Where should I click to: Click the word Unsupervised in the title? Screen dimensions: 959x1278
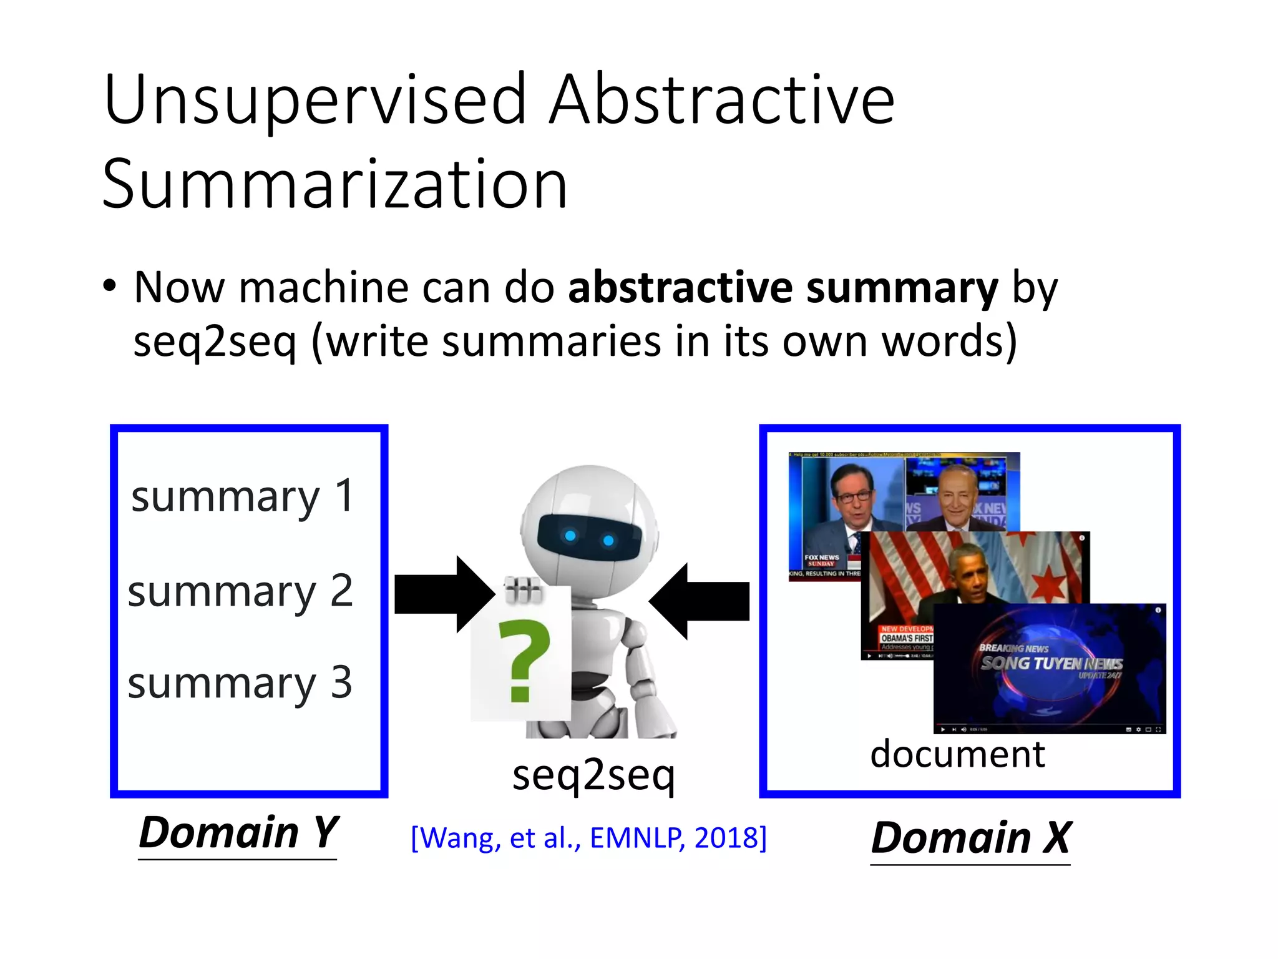click(x=316, y=100)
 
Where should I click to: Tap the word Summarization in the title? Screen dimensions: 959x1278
click(x=335, y=184)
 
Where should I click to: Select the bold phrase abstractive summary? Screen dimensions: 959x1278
click(x=783, y=288)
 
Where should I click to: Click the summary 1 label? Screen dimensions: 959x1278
click(x=243, y=496)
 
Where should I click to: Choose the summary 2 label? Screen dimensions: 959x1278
click(x=240, y=591)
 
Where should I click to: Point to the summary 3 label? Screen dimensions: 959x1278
click(x=240, y=682)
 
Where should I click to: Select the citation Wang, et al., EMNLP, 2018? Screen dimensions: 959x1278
click(x=588, y=838)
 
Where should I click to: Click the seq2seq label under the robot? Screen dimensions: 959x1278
click(x=593, y=774)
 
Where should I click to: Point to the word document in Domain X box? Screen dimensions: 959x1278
click(x=957, y=754)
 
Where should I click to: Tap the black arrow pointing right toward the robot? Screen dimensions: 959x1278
click(x=444, y=594)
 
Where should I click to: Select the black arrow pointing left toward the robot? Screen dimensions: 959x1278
click(x=700, y=601)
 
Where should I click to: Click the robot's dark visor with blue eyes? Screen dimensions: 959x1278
click(x=589, y=538)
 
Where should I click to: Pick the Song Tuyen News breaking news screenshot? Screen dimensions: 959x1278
click(x=1050, y=668)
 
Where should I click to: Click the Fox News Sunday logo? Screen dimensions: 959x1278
click(x=821, y=560)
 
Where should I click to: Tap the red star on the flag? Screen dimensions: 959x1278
click(x=1052, y=585)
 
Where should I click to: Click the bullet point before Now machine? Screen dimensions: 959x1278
click(x=110, y=287)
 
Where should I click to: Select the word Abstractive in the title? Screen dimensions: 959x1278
click(x=721, y=100)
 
